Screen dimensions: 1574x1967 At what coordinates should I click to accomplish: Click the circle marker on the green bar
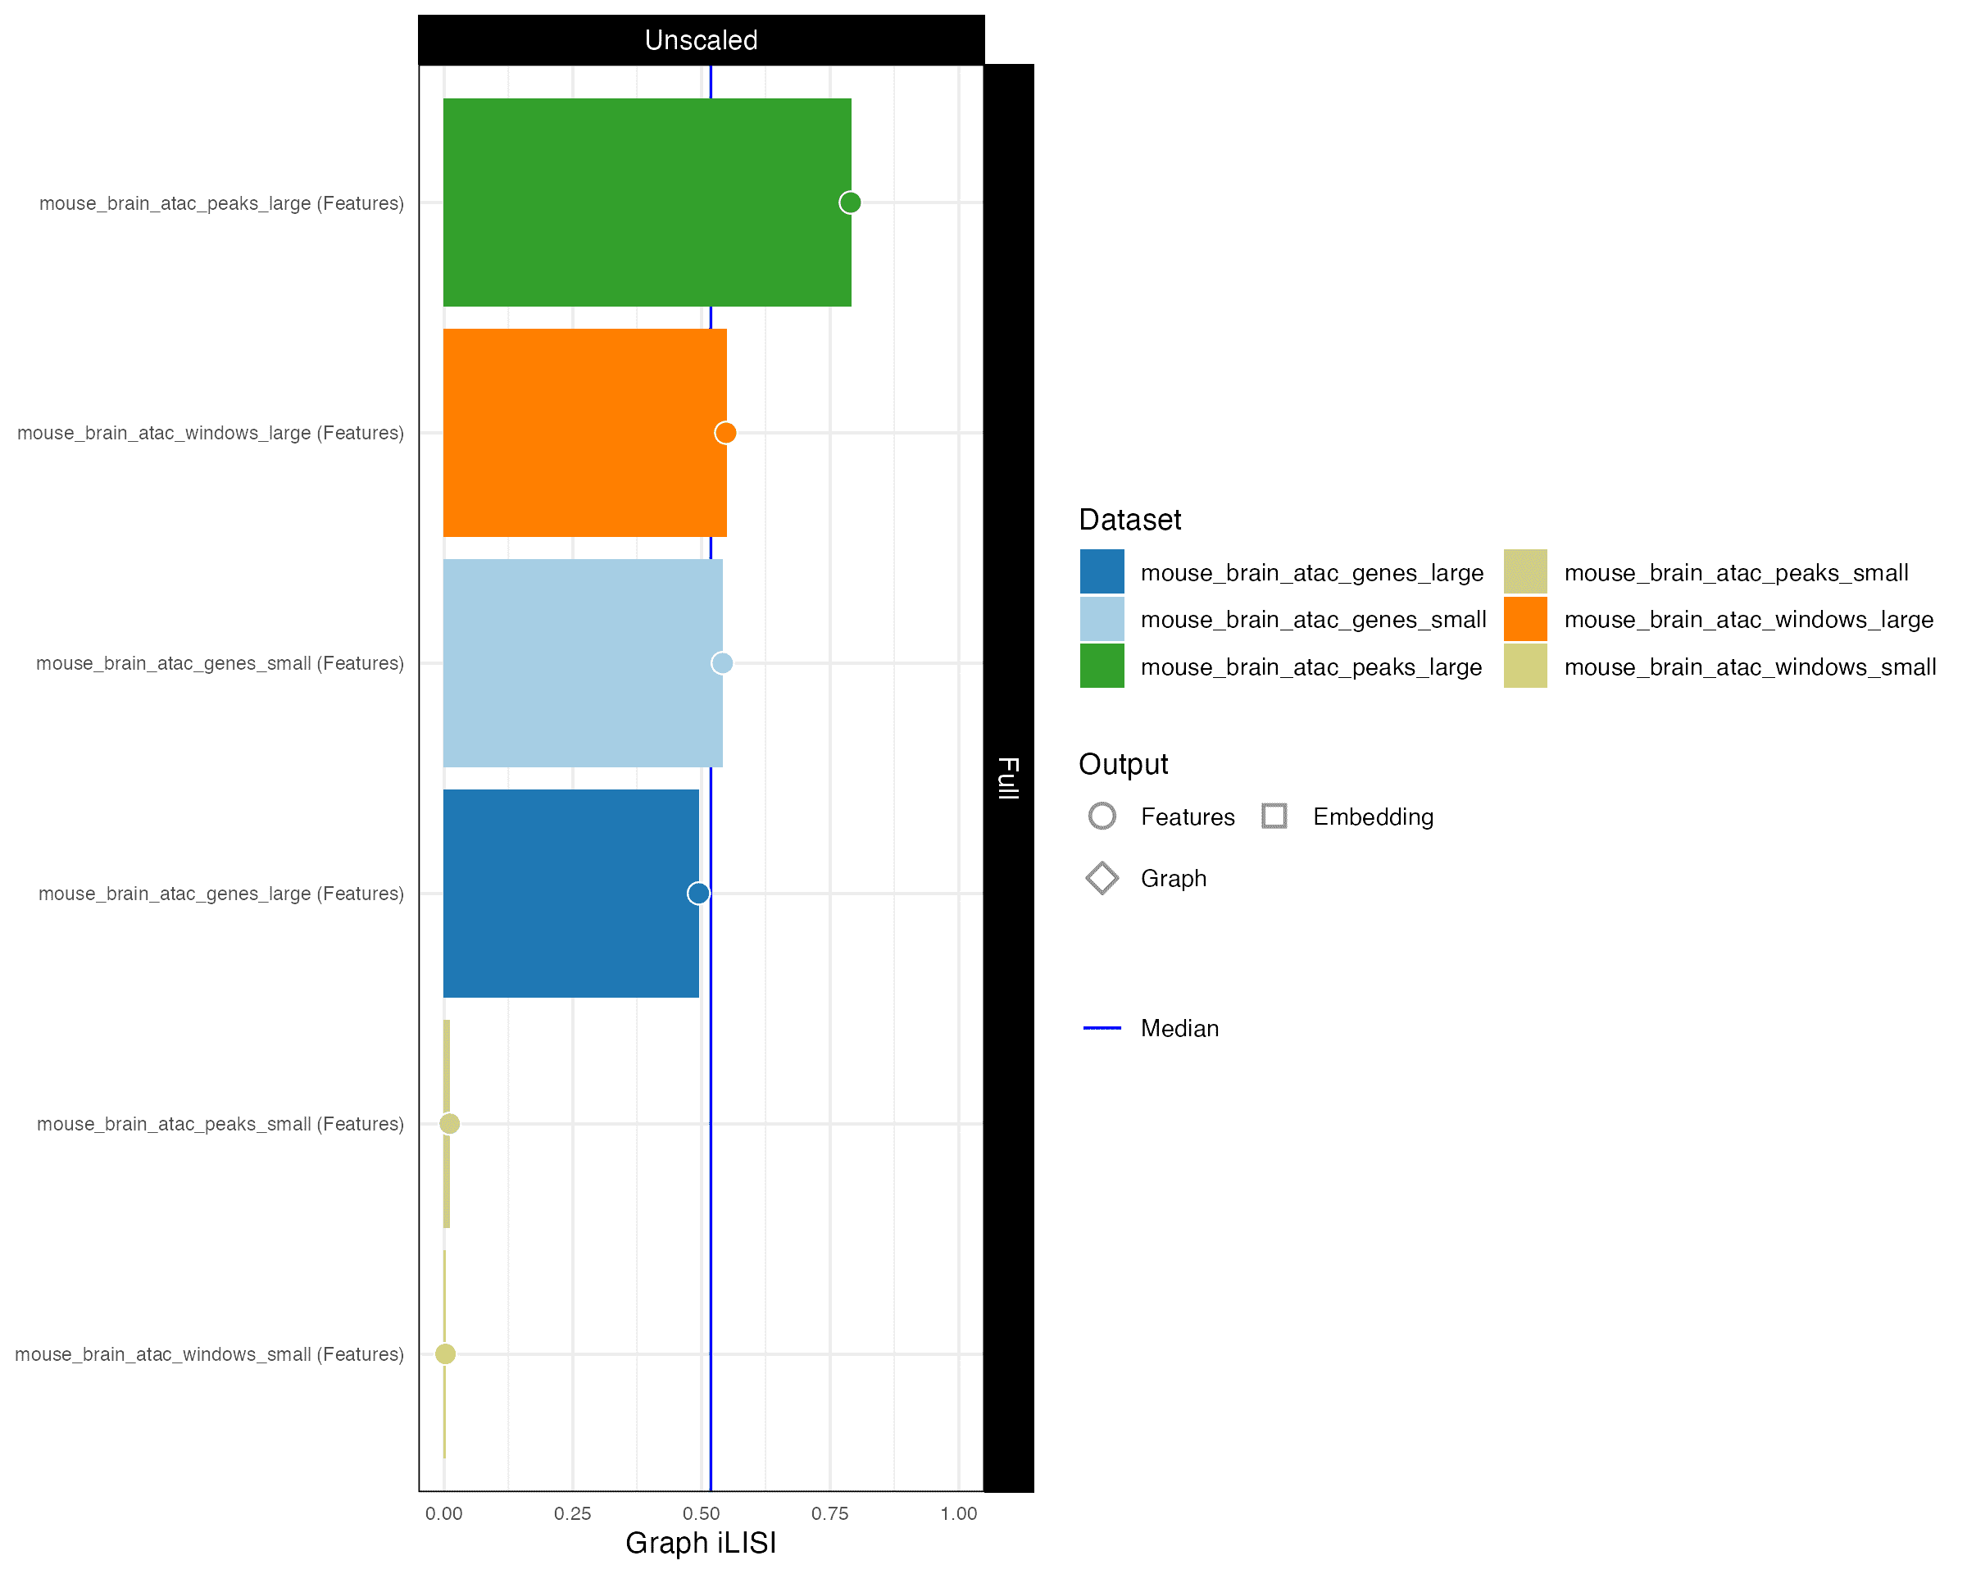tap(850, 202)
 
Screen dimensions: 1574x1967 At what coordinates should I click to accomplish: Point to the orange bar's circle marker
tap(725, 433)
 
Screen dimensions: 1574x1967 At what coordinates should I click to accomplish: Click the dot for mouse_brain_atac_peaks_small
tap(449, 1123)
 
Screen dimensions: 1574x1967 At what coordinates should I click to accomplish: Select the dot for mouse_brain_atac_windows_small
tap(445, 1354)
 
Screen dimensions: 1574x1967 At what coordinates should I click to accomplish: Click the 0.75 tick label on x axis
tap(829, 1514)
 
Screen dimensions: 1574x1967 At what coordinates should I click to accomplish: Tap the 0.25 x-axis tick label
tap(572, 1514)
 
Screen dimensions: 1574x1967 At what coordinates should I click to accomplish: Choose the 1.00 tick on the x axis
tap(958, 1514)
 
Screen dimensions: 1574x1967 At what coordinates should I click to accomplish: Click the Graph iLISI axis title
tap(701, 1543)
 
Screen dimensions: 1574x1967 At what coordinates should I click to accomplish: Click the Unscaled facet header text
tap(701, 40)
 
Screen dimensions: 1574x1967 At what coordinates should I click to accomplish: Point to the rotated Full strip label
tap(1008, 777)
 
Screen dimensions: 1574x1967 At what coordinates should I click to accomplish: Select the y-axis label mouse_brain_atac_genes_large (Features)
tap(220, 894)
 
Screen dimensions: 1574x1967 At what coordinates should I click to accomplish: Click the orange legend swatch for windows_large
tap(1525, 620)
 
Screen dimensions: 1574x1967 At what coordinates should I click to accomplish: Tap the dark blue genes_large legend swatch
tap(1102, 572)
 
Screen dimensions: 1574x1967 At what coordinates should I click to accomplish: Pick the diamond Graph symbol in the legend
tap(1102, 878)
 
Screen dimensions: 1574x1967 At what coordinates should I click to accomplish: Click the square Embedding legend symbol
tap(1274, 816)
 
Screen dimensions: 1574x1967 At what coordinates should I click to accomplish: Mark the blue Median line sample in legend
tap(1102, 1028)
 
